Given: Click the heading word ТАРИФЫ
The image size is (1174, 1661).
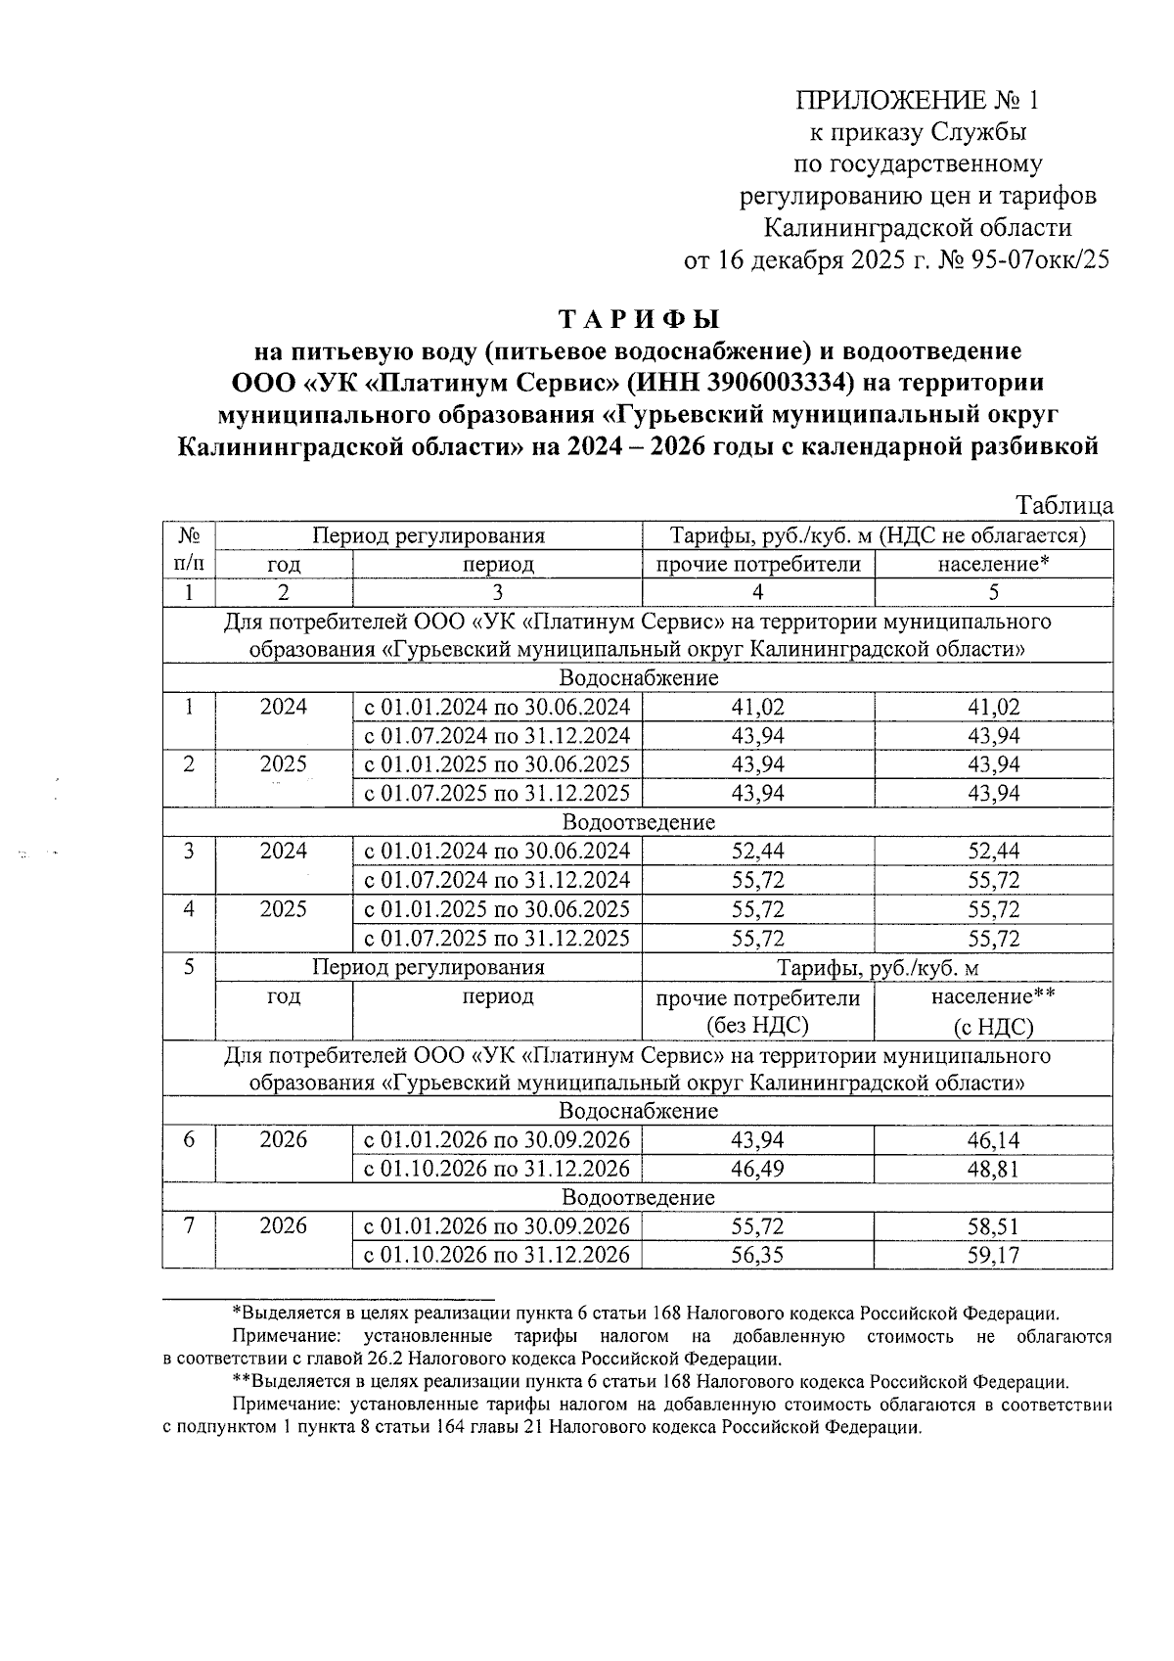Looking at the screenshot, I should point(638,319).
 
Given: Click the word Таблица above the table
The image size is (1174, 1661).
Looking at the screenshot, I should point(1064,505).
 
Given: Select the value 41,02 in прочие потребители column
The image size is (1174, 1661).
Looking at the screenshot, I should point(757,707).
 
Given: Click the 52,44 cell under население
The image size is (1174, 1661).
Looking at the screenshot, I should point(993,852).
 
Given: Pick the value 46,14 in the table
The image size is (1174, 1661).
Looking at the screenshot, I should point(993,1140).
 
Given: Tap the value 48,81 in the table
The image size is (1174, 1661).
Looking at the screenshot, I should point(993,1170).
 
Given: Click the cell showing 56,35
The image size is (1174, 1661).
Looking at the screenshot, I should point(757,1256).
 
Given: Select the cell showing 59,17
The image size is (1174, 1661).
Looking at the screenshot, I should point(993,1256).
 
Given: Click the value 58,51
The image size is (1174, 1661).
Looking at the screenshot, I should point(993,1227).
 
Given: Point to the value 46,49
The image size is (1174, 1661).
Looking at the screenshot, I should point(757,1170).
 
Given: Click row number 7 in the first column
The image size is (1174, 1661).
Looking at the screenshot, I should point(189,1227).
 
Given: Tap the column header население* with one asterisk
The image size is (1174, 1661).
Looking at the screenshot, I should point(993,565).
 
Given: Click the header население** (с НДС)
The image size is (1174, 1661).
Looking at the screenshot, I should point(993,1011).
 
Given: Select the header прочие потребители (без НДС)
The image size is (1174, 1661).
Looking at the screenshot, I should point(757,1011).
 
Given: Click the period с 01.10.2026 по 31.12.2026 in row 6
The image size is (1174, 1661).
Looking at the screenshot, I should point(496,1170).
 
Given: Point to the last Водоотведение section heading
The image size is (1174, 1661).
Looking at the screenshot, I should point(638,1198).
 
